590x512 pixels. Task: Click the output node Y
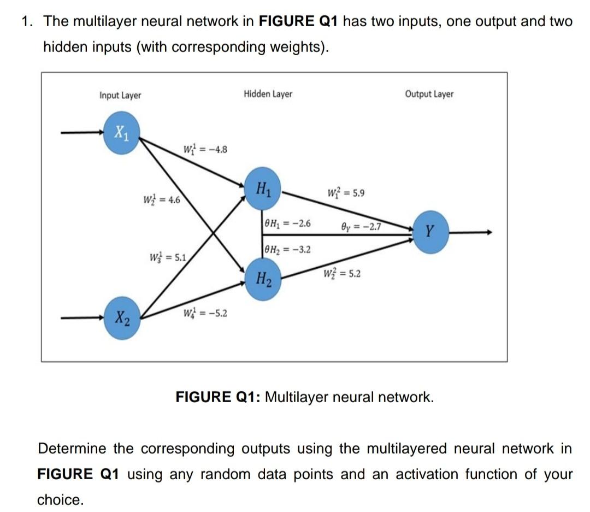[432, 233]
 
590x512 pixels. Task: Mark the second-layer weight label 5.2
[342, 273]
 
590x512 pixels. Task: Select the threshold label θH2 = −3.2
[287, 250]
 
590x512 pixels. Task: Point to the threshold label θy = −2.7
[361, 226]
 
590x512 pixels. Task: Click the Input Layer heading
[120, 95]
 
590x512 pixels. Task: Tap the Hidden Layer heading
[268, 94]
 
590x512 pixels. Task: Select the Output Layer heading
[429, 94]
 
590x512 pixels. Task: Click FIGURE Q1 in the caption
[217, 397]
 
